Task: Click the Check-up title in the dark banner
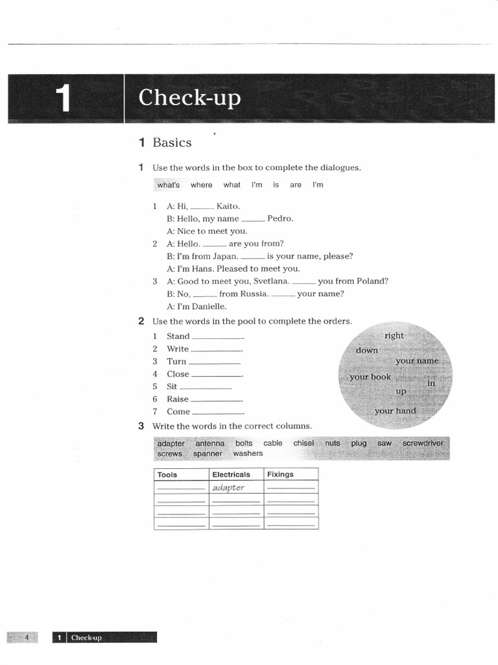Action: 189,98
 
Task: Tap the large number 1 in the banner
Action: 63,99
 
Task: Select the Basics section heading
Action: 172,142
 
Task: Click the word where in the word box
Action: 201,185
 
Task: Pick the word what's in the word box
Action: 169,185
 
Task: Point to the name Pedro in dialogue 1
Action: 280,219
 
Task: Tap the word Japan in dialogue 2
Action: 225,257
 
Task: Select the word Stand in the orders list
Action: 178,336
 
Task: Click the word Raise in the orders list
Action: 178,399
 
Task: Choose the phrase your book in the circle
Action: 370,377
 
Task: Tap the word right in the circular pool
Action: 394,336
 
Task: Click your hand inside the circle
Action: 395,411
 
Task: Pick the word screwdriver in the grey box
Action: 423,443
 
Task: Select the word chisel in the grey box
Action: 303,443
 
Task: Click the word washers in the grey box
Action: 248,453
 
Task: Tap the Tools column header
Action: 167,475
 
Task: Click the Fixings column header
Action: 280,475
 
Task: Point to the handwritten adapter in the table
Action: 228,488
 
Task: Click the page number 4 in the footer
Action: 27,638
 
